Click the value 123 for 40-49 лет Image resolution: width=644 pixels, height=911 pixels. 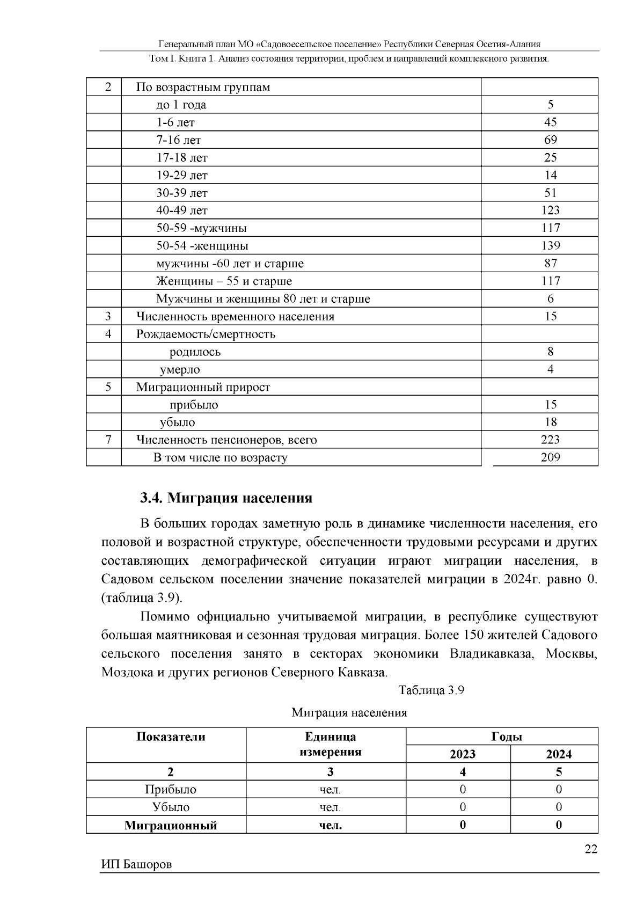coord(550,210)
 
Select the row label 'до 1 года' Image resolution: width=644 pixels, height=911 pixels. coord(181,105)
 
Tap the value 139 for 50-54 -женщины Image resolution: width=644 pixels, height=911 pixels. coord(550,246)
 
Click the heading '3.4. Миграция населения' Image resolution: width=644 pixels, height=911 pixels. coord(226,498)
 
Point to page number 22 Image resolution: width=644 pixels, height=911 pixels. coord(590,849)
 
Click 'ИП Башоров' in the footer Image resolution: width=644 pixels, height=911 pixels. coord(136,865)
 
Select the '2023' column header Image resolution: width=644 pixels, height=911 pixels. coord(462,754)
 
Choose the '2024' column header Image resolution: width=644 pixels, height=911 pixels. coord(559,754)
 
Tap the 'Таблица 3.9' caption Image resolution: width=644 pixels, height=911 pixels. coord(431,690)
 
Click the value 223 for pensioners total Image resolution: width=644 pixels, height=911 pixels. coord(550,440)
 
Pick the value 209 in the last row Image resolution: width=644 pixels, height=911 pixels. coord(550,458)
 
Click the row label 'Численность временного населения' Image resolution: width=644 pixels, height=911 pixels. coord(235,317)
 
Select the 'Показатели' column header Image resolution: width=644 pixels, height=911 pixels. coord(171,737)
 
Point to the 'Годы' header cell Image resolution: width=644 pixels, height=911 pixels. coord(506,737)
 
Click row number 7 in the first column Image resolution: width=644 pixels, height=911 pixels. coord(108,440)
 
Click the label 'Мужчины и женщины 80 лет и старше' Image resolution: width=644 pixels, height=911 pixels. coord(263,299)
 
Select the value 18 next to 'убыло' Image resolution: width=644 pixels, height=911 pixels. coord(550,422)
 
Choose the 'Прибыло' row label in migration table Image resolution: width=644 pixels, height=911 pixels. coord(171,790)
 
